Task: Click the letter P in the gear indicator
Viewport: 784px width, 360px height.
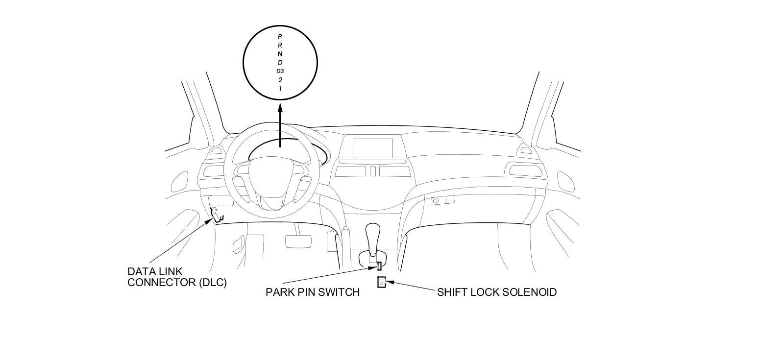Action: (x=280, y=36)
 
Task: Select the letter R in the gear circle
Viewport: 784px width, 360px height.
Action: (x=280, y=45)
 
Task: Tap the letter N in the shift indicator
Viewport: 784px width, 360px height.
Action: (x=280, y=54)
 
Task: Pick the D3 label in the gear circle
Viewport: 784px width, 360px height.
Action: (x=280, y=72)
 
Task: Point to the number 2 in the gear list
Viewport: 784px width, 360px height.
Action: (x=280, y=80)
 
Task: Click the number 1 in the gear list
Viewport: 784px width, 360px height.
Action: (x=280, y=89)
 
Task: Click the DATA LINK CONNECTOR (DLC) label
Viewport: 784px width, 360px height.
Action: (x=177, y=277)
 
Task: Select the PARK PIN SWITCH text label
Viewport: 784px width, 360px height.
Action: (x=313, y=292)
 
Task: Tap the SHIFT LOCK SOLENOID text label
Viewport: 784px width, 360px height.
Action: (x=497, y=292)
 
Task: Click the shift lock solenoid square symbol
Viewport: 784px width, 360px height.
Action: (x=382, y=283)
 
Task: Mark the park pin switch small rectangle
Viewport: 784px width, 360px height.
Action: (x=379, y=266)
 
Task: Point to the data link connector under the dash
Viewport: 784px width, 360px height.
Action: (x=216, y=214)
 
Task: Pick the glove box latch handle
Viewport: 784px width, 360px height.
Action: (x=435, y=201)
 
